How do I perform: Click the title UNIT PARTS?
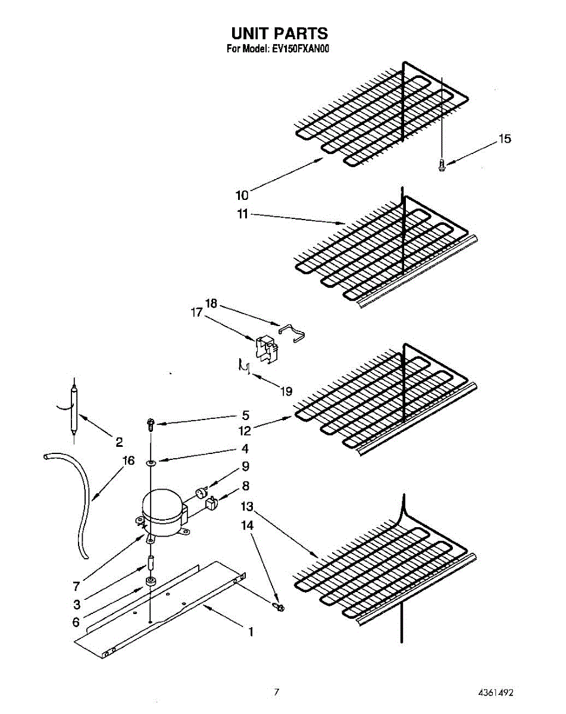coord(279,33)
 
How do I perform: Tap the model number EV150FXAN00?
coord(304,49)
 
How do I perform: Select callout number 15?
coord(504,139)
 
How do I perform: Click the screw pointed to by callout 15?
coord(442,165)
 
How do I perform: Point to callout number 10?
coord(242,194)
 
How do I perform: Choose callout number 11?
coord(242,214)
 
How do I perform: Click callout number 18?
coord(211,303)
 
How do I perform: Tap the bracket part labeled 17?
coord(266,348)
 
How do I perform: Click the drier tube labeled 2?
coord(73,411)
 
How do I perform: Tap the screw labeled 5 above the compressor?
coord(151,424)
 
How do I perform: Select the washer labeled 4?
coord(151,462)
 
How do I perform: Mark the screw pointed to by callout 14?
coord(279,606)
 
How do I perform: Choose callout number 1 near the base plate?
coord(251,632)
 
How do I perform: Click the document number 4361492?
coord(495,693)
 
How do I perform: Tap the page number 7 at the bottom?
coord(276,692)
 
